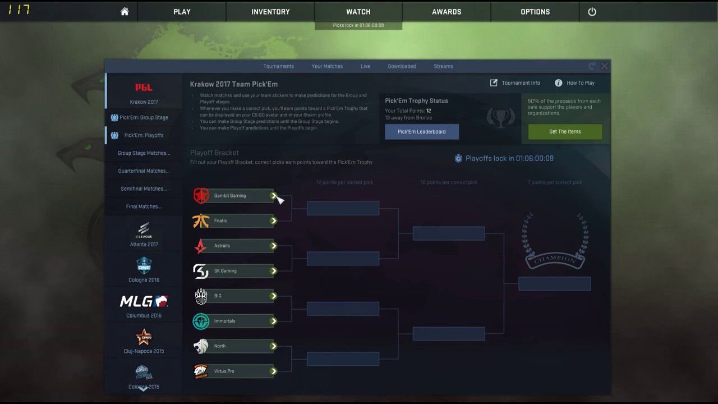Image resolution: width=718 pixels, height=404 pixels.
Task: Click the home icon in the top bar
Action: click(125, 12)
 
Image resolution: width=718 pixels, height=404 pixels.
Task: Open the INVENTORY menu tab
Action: click(270, 12)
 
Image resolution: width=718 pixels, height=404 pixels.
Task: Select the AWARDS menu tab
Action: click(447, 12)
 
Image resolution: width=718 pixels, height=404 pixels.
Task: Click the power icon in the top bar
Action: click(592, 12)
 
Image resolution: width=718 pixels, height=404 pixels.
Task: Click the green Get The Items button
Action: click(565, 132)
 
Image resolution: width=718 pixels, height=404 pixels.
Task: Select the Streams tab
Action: click(443, 66)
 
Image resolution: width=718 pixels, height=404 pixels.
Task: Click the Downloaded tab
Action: click(402, 66)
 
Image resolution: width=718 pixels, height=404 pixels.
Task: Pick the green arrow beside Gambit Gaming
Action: click(274, 196)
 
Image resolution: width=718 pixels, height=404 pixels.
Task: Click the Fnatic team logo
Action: click(201, 221)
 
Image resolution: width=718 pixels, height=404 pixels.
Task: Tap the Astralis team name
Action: click(222, 246)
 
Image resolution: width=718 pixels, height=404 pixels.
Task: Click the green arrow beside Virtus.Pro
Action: click(274, 371)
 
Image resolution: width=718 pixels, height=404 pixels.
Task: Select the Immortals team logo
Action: click(201, 321)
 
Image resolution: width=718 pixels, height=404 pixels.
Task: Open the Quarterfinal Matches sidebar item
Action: click(144, 171)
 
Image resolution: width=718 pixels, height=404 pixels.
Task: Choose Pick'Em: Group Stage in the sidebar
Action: click(144, 118)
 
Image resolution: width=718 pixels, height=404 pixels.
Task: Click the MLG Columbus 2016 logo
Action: click(144, 302)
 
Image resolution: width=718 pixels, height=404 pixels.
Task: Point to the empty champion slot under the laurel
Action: click(554, 284)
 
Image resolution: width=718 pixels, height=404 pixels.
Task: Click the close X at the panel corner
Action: click(604, 66)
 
